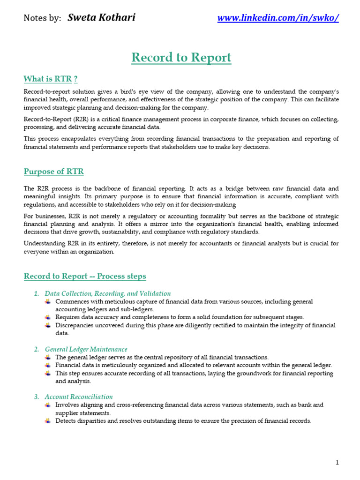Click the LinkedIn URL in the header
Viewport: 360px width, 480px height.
[x=278, y=18]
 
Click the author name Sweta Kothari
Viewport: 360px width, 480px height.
[x=101, y=18]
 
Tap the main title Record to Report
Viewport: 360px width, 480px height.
[x=181, y=58]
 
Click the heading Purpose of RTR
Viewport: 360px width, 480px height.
[x=54, y=172]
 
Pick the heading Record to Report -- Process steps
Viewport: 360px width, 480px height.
[x=85, y=276]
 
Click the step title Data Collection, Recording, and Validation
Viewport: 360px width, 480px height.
[x=108, y=293]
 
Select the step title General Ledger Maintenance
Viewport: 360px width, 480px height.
[x=86, y=349]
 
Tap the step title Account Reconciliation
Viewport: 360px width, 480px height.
[x=79, y=397]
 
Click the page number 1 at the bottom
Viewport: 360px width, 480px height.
[x=337, y=463]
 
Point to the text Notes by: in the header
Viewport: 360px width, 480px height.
[x=42, y=18]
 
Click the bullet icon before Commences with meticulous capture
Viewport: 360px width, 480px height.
[x=48, y=301]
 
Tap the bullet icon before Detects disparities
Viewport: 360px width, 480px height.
[x=48, y=421]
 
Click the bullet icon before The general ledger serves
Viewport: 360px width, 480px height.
[x=48, y=357]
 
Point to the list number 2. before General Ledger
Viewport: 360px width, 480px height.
[x=37, y=349]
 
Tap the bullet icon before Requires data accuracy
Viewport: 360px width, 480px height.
[x=48, y=317]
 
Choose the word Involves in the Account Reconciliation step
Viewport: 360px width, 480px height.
[x=67, y=405]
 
